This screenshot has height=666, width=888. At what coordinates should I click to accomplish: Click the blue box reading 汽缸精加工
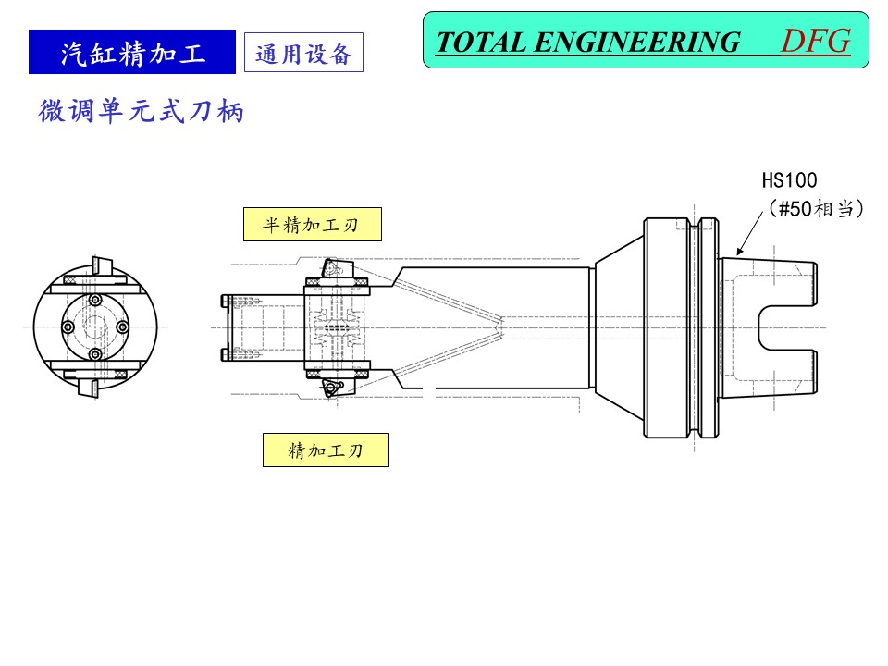click(x=132, y=53)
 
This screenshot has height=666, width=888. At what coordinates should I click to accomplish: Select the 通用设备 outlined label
click(x=303, y=54)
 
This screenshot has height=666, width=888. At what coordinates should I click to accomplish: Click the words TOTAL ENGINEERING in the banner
click(x=587, y=43)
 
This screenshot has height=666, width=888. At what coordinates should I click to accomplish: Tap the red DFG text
click(x=815, y=41)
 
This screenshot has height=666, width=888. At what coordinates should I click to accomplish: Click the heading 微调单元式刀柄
click(x=142, y=112)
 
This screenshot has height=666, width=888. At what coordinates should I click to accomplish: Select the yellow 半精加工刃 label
click(x=312, y=224)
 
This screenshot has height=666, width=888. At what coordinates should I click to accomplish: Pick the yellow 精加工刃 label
click(x=326, y=450)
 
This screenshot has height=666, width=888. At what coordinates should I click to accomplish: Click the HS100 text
click(x=789, y=180)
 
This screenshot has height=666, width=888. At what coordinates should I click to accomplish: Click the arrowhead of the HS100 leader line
click(x=737, y=252)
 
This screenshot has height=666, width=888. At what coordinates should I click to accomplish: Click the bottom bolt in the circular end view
click(x=94, y=355)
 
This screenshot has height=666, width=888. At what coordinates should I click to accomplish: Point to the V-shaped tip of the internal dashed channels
click(x=499, y=326)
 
